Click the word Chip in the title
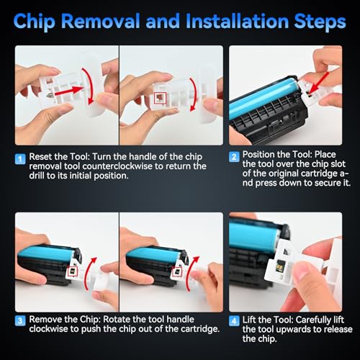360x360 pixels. coord(35,22)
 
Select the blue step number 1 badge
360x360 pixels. coord(20,159)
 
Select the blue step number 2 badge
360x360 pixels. coord(234,157)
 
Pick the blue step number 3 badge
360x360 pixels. coord(20,320)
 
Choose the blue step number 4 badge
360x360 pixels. coord(234,321)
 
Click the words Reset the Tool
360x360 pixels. coord(59,157)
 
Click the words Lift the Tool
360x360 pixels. coord(268,320)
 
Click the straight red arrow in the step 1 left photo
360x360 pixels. coord(69,91)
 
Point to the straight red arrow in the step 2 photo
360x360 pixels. coord(318,83)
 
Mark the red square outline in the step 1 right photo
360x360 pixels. coord(160,98)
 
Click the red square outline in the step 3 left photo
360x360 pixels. coord(73,271)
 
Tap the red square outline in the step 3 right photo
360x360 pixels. coord(177,271)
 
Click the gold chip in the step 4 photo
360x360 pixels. coord(280,266)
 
